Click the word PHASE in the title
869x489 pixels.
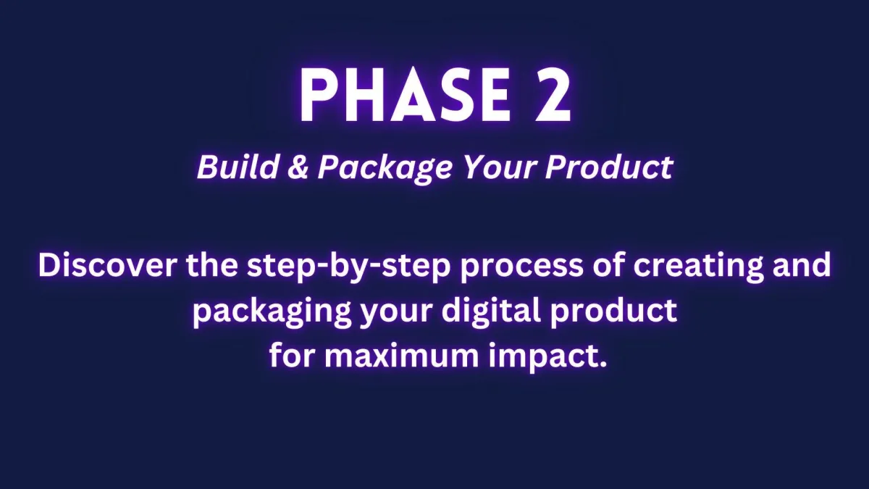[404, 96]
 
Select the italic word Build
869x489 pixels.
[237, 167]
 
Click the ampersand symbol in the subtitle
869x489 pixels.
[298, 167]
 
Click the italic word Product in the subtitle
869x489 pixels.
[609, 167]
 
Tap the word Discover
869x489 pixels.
[107, 265]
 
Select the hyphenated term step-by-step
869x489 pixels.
[348, 267]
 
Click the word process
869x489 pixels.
[521, 269]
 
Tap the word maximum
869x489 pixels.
[401, 356]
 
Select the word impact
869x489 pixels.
[540, 358]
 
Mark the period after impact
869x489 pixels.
[602, 364]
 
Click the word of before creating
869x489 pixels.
[608, 265]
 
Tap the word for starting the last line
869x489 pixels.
[292, 355]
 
